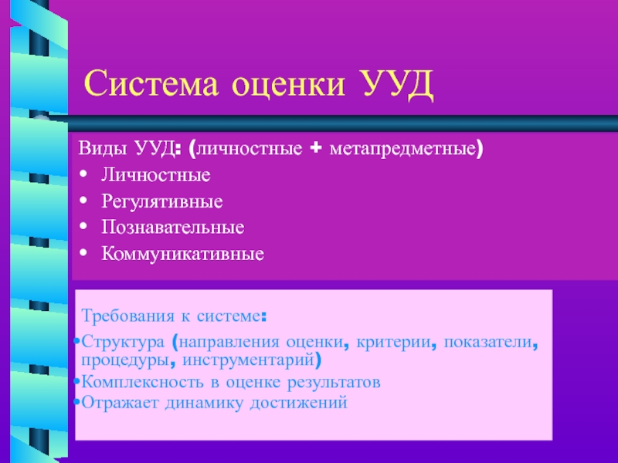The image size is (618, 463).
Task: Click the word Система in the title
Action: pos(151,83)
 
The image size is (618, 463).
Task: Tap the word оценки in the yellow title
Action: pos(288,84)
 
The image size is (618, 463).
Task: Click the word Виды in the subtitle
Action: pos(103,148)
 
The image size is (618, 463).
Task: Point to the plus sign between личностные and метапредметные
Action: pos(316,148)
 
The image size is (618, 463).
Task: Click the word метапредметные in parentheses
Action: pos(402,149)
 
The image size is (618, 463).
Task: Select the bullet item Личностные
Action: pos(156,175)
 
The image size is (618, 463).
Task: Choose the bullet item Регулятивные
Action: pos(162,201)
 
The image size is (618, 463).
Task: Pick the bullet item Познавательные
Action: pos(172,227)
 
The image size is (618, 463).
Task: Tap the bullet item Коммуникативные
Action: pos(182,254)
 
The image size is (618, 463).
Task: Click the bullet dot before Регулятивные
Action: pos(83,201)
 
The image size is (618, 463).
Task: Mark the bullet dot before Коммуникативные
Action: pos(83,253)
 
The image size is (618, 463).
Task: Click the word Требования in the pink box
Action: pos(127,316)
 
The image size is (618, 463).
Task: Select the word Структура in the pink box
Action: pos(123,342)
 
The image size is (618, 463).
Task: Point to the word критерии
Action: pos(393,342)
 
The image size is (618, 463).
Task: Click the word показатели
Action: pos(488,342)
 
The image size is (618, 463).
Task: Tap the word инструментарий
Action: pos(248,360)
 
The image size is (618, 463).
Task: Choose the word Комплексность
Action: pos(142,382)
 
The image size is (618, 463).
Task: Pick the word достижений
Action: pos(299,403)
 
